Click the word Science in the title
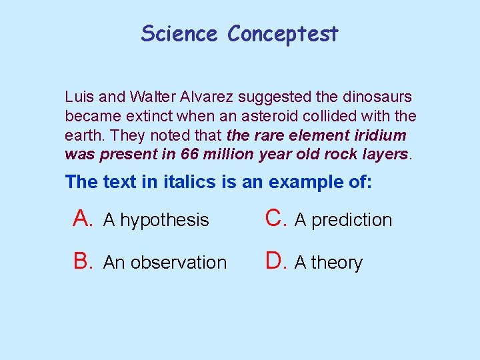(x=179, y=33)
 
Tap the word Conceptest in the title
(x=283, y=34)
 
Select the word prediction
(x=351, y=220)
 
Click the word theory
(x=337, y=263)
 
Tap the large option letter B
(x=83, y=261)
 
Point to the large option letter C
(x=275, y=218)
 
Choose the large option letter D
(x=275, y=261)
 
